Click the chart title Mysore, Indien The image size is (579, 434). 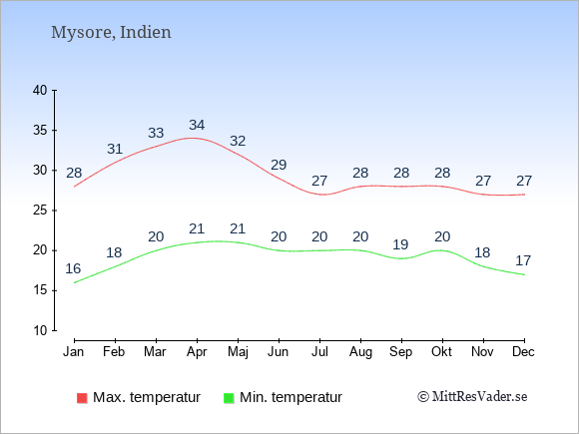click(111, 32)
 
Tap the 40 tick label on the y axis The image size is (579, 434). click(40, 90)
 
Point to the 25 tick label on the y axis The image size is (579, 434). click(40, 211)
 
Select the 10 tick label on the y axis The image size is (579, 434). click(40, 330)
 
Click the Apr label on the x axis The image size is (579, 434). click(197, 352)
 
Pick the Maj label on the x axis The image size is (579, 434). click(238, 352)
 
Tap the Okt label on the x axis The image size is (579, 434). click(442, 352)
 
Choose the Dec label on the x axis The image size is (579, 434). click(524, 352)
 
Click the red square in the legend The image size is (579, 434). click(82, 398)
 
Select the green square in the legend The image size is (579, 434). click(229, 398)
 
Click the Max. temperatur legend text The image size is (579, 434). click(147, 397)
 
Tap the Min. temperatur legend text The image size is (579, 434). click(290, 397)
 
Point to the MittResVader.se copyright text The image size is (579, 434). click(472, 397)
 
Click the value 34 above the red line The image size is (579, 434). click(197, 125)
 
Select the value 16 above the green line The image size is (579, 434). click(73, 268)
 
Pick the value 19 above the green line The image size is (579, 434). click(400, 244)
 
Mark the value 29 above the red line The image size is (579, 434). click(279, 165)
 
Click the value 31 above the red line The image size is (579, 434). click(115, 149)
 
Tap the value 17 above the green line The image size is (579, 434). click(523, 261)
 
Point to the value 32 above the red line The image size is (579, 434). click(238, 141)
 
